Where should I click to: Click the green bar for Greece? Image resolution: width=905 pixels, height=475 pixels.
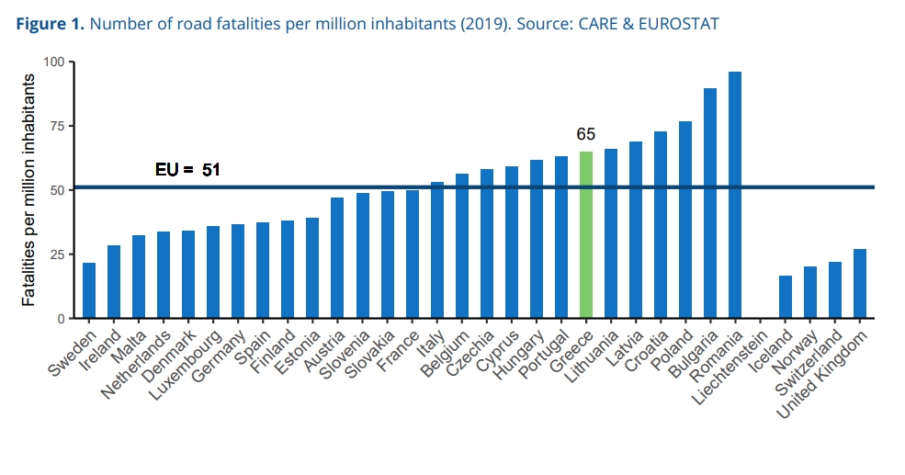[586, 235]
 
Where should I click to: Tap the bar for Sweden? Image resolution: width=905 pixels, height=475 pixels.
[89, 290]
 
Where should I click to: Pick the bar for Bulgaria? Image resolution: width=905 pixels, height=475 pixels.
[710, 203]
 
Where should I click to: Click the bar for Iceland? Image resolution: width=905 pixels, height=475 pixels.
[785, 297]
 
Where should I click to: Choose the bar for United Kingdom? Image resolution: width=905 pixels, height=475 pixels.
[859, 284]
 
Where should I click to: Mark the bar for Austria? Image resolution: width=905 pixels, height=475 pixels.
[337, 258]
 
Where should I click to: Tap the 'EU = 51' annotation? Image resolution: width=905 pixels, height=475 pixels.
[187, 170]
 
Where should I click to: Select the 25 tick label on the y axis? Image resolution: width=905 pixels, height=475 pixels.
[59, 254]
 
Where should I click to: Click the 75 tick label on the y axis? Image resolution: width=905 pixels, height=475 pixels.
[59, 127]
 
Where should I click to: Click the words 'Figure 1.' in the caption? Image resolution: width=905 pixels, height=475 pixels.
[51, 23]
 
